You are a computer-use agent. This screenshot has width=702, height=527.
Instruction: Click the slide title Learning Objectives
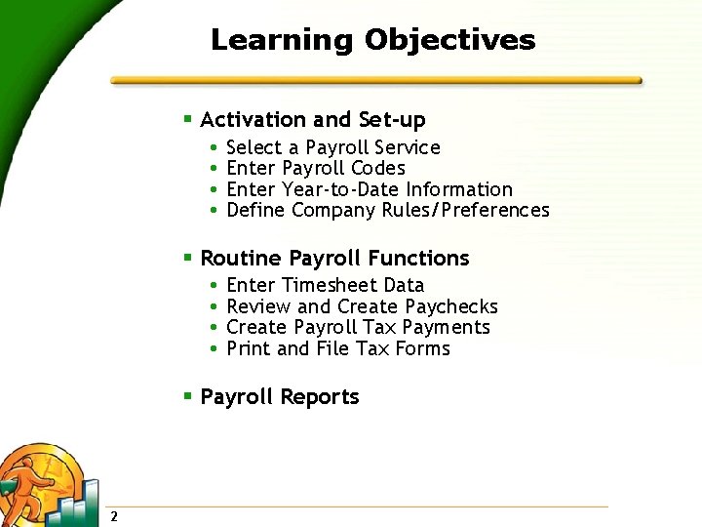tap(372, 40)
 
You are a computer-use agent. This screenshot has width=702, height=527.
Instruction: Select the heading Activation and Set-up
tap(312, 120)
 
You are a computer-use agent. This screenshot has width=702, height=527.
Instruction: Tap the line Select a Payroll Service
tap(332, 148)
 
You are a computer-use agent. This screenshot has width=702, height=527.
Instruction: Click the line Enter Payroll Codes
tap(315, 169)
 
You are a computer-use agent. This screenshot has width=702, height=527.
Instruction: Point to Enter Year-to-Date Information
tap(369, 189)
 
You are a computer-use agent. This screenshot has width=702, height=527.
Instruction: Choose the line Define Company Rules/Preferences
tap(387, 210)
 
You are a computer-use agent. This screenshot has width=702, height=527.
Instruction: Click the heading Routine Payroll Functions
tap(334, 259)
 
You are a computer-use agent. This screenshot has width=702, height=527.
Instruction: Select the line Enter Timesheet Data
tap(325, 285)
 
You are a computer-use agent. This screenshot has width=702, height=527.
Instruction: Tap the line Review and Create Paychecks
tap(362, 306)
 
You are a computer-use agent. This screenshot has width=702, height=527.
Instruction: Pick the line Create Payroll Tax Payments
tap(358, 327)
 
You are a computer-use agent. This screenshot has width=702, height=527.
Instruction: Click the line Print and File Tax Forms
tap(337, 348)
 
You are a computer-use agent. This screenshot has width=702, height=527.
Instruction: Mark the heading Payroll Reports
tap(279, 397)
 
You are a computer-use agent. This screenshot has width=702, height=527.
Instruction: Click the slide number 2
tap(114, 516)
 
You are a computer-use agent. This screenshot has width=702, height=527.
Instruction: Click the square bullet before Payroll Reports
tap(188, 396)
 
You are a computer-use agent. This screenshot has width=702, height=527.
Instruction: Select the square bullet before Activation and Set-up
tap(188, 119)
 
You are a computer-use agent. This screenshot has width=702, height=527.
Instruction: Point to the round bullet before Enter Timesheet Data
tap(214, 285)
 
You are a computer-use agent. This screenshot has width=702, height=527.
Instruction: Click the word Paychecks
tap(450, 306)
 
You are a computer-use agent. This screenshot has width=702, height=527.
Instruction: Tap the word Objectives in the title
tap(449, 40)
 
